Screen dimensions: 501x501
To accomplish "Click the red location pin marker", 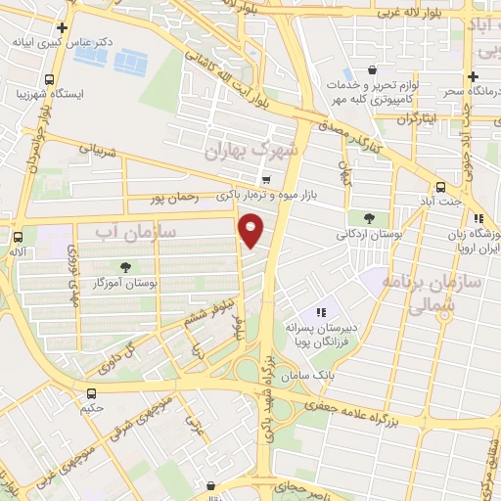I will point(252,231).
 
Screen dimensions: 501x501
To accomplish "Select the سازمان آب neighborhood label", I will point(135,231).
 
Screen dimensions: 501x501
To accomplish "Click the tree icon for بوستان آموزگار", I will point(124,267).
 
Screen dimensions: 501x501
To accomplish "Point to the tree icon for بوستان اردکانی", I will point(368,218).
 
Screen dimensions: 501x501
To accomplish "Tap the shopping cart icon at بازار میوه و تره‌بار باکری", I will point(266,180).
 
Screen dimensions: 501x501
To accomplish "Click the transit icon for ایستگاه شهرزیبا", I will point(49,80).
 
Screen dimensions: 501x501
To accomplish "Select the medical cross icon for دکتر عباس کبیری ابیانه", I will point(64,27).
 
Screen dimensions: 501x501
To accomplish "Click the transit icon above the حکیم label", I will point(92,395).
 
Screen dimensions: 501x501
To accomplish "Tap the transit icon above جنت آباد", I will point(440,186).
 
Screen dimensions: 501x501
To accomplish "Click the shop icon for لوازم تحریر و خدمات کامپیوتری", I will point(373,70).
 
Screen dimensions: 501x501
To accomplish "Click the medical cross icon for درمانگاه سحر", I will point(473,76).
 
